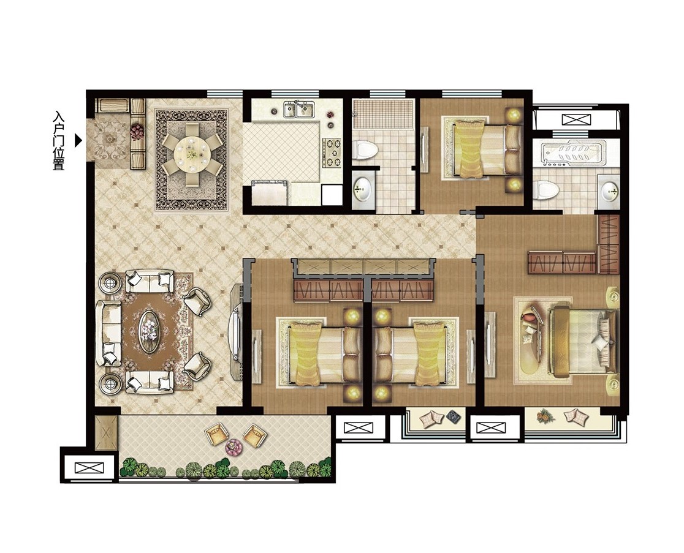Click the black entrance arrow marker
[78, 140]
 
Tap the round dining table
[191, 153]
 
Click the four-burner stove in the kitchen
[332, 153]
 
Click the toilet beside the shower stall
[365, 150]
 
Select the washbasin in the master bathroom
[609, 190]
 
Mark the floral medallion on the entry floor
[108, 139]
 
